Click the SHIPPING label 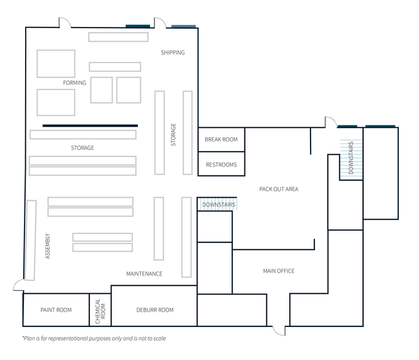pos(173,53)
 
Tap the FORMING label pos(75,83)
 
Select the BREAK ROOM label pos(221,140)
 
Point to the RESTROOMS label pos(221,165)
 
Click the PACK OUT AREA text pos(279,189)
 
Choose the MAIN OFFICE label pos(279,271)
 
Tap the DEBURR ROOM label pos(155,310)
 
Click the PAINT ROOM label pos(56,310)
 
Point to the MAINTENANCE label pos(145,274)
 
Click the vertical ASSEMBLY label pos(48,246)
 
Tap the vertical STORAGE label pos(173,135)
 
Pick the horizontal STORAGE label pos(83,148)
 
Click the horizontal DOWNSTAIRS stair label pos(219,205)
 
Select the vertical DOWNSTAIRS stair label pos(351,158)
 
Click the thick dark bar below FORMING pos(90,126)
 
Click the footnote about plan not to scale pos(94,339)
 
